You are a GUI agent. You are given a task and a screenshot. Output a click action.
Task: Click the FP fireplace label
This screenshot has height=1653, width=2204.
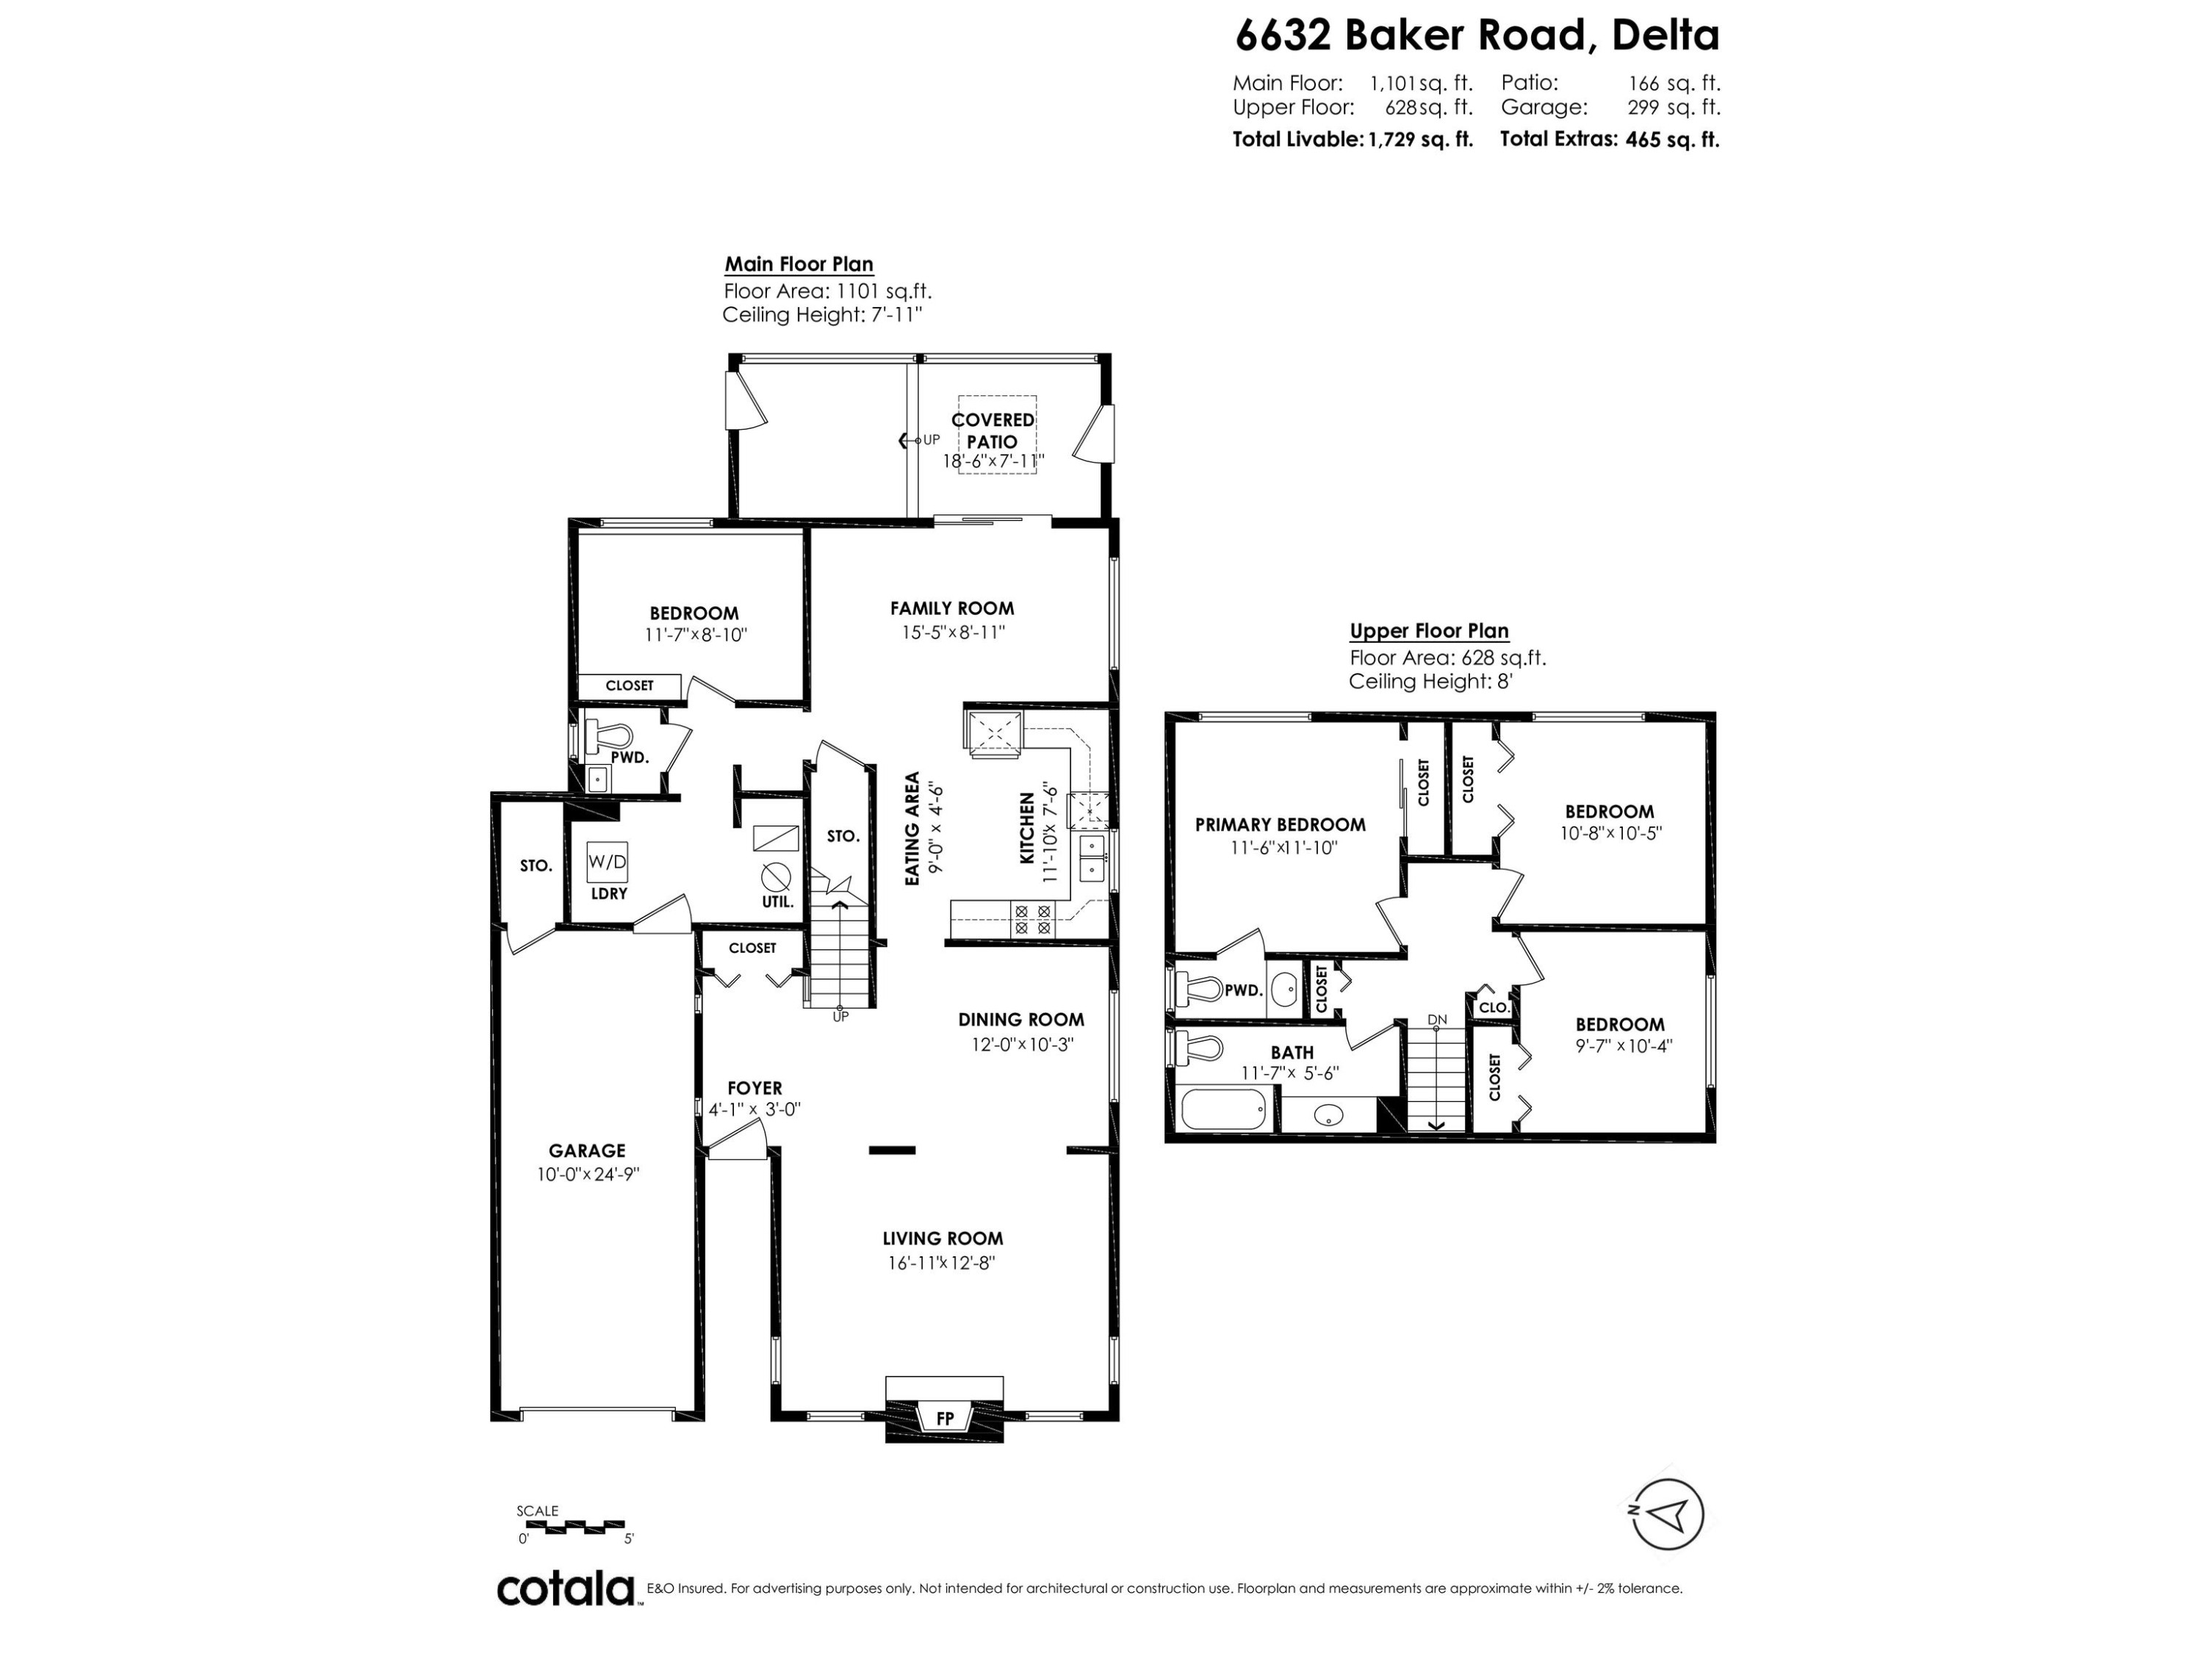point(945,1419)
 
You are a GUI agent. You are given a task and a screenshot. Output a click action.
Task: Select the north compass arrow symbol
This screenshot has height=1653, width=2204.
point(1668,1514)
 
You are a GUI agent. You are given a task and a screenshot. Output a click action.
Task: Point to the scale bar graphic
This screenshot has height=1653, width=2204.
point(571,1525)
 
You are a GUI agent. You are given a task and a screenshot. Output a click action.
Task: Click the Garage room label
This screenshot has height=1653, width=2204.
point(587,1150)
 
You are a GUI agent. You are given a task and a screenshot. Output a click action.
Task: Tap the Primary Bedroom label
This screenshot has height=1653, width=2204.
point(1281,825)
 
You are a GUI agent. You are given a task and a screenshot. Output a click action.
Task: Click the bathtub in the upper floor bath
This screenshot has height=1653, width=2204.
point(1223,1109)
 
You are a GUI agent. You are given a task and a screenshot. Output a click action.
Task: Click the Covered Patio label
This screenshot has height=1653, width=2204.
point(993,431)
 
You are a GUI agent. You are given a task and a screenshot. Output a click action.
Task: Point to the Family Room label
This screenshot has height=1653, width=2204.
point(951,608)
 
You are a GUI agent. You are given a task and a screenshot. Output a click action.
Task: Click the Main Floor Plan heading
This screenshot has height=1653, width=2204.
point(799,264)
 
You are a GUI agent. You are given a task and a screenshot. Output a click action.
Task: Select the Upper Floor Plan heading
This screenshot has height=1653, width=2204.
point(1429,630)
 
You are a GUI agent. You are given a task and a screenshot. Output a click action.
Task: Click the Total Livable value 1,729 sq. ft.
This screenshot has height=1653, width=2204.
point(1420,140)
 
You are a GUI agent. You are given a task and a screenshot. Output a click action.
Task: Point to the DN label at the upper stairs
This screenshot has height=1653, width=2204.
point(1437,1019)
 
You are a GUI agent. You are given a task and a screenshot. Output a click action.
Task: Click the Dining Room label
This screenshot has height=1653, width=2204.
point(1021,1019)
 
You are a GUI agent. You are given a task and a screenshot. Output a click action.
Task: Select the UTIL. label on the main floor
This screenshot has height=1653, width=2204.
point(778,901)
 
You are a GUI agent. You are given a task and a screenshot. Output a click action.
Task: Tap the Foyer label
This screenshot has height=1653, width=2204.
point(755,1088)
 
